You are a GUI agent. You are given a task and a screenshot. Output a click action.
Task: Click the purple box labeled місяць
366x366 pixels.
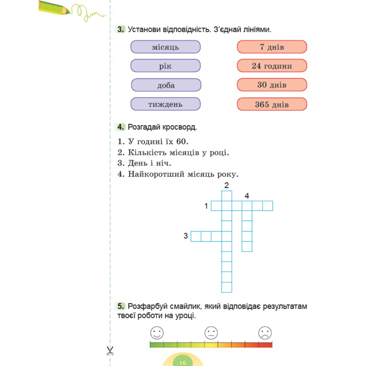pyautogui.click(x=165, y=47)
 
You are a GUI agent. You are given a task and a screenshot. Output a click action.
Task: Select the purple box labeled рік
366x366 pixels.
pyautogui.click(x=165, y=66)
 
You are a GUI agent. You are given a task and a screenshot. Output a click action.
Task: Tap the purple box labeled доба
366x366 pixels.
pyautogui.click(x=166, y=85)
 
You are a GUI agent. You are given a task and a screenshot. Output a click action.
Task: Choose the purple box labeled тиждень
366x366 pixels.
pyautogui.click(x=165, y=104)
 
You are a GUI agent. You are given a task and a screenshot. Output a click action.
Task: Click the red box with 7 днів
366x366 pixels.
pyautogui.click(x=272, y=47)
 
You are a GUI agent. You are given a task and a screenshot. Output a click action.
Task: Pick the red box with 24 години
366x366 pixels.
pyautogui.click(x=272, y=66)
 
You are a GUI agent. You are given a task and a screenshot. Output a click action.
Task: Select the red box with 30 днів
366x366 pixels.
pyautogui.click(x=272, y=85)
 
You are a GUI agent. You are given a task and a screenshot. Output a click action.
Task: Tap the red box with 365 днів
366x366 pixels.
pyautogui.click(x=272, y=104)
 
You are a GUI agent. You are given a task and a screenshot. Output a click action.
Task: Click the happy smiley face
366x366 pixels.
pyautogui.click(x=157, y=333)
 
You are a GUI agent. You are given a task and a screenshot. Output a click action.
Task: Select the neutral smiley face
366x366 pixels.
pyautogui.click(x=211, y=333)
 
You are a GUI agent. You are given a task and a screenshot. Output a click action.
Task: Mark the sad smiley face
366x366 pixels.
pyautogui.click(x=265, y=333)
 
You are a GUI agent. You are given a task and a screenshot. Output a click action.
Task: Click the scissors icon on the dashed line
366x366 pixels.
pyautogui.click(x=110, y=351)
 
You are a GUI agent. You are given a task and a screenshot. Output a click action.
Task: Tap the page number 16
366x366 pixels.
pyautogui.click(x=183, y=363)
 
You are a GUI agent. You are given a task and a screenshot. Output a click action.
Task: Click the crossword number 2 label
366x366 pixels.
pyautogui.click(x=226, y=185)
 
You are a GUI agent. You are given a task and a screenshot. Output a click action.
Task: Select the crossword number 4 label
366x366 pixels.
pyautogui.click(x=247, y=196)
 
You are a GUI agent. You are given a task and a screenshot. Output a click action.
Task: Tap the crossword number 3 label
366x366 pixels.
pyautogui.click(x=186, y=236)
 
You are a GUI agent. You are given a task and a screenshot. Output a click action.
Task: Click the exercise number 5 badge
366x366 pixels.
pyautogui.click(x=120, y=306)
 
